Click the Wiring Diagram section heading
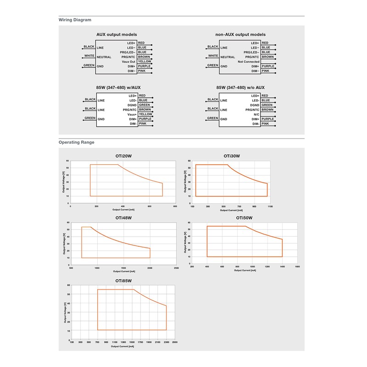coord(75,20)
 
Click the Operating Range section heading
coord(77,142)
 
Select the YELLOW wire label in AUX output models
coord(145,61)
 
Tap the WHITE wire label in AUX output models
coord(89,56)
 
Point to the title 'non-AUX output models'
coord(240,34)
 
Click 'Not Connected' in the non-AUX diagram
coord(248,61)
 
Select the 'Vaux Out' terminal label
coord(128,61)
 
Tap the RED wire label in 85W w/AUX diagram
coord(141,95)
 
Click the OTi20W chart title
coord(123,156)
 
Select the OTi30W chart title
coord(232,156)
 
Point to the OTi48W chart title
coord(123,218)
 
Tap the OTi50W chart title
coord(244,218)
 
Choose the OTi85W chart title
coord(123,280)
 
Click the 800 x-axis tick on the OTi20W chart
coord(175,207)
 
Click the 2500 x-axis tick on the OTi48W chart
coord(177,269)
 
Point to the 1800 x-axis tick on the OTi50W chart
coord(297,267)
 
